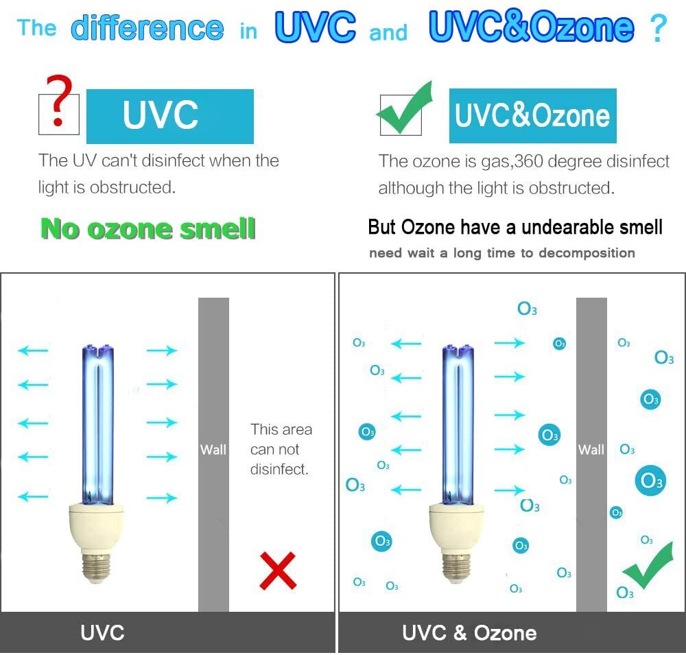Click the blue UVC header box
tap(169, 116)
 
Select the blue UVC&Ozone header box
tap(532, 116)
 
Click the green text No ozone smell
tap(148, 228)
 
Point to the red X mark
tap(278, 570)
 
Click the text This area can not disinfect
tap(281, 449)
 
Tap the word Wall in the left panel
tap(213, 450)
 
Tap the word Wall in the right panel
tap(591, 450)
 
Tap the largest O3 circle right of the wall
tap(648, 481)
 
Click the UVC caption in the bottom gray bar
tap(102, 632)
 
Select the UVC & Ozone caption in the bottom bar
tap(469, 632)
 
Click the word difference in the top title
tap(147, 28)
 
